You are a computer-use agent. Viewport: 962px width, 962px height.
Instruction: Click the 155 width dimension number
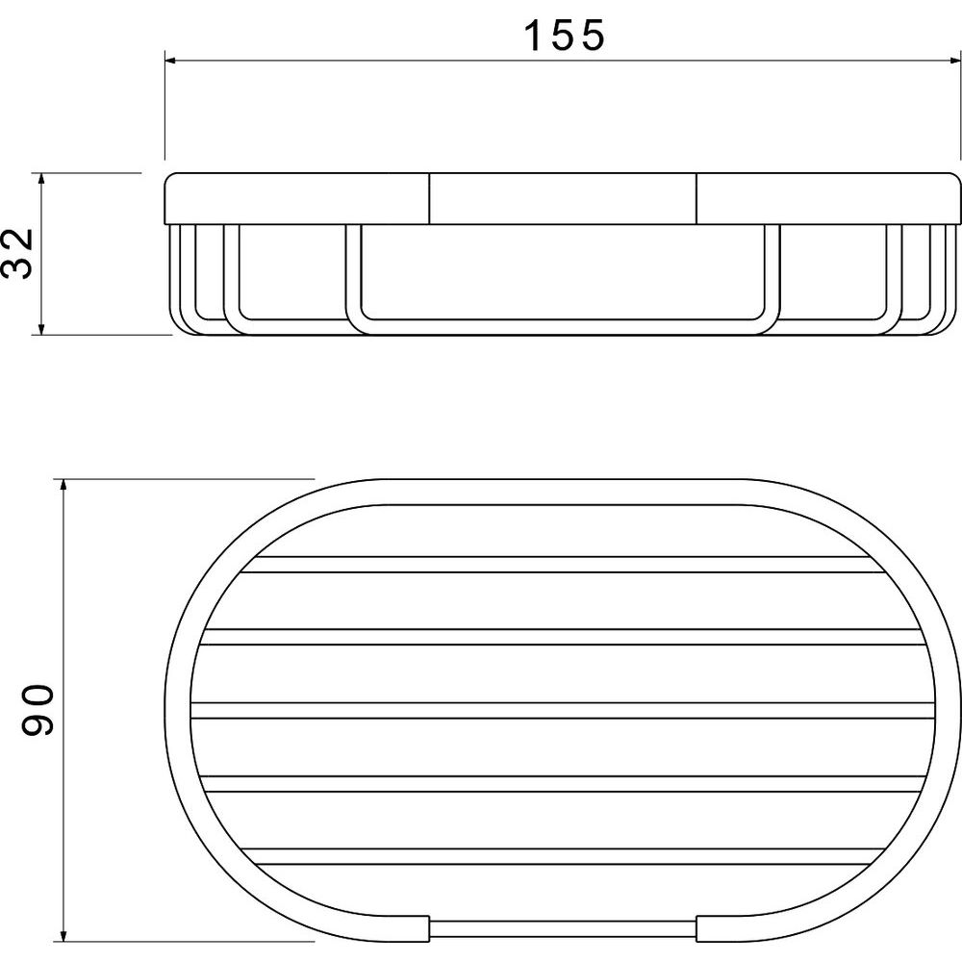point(564,35)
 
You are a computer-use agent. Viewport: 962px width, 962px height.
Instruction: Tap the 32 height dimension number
point(17,254)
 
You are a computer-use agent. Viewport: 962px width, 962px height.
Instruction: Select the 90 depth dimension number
point(38,711)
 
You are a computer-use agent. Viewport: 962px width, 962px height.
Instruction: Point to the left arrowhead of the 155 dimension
point(171,61)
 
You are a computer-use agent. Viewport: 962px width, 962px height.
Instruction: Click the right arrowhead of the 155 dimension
point(954,61)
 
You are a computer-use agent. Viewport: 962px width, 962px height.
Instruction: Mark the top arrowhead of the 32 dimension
point(41,179)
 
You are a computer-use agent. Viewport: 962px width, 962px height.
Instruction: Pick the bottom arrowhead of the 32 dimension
point(41,329)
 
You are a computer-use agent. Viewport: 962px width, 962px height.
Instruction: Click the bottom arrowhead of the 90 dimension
point(63,935)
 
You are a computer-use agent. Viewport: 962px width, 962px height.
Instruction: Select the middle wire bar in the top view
point(563,711)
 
